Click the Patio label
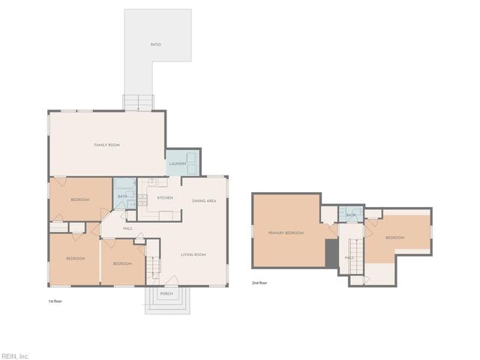coord(155,45)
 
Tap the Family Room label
coord(107,145)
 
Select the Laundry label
coord(177,163)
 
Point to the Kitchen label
coord(165,198)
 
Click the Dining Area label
coord(204,201)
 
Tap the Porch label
coord(166,293)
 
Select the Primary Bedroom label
coord(286,233)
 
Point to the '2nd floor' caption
coord(259,283)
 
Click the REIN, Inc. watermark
coord(15,355)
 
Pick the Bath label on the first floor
coord(122,197)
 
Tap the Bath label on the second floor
coord(350,215)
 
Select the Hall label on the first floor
coord(127,228)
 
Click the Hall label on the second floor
coord(349,257)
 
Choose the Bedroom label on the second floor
coord(394,238)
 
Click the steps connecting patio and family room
coord(138,103)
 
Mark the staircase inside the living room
coord(154,264)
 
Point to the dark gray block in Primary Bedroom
coord(331,253)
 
